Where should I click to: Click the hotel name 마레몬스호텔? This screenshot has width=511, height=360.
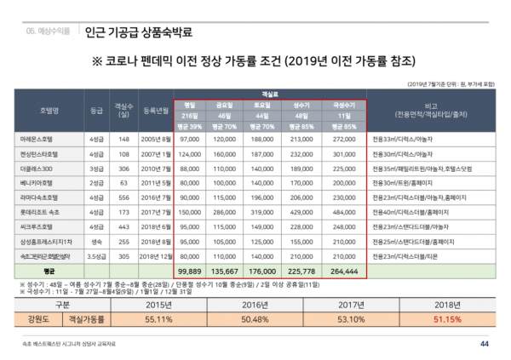pos(34,138)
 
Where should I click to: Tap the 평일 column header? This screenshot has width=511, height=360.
pos(190,106)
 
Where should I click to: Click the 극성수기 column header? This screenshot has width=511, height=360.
pos(343,106)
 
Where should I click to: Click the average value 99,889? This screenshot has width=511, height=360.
pos(190,270)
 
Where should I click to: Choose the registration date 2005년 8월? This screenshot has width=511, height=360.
pos(157,138)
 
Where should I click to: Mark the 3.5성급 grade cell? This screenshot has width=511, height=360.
pos(95,256)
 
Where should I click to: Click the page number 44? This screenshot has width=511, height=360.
pos(485,344)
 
